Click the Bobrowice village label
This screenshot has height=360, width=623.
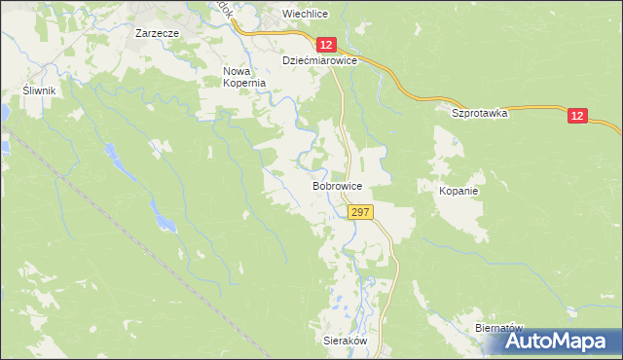[x=338, y=184]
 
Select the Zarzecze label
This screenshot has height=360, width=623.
[x=156, y=32]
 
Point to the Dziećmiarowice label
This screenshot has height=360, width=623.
[x=320, y=60]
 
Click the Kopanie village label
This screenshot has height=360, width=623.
[x=458, y=191]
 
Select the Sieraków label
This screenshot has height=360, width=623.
[x=344, y=342]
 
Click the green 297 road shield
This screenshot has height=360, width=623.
[x=359, y=212]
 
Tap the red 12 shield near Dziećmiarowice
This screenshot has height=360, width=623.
[x=325, y=45]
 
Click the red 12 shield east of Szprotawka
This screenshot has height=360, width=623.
[x=577, y=116]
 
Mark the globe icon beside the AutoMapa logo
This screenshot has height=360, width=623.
[x=497, y=342]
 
